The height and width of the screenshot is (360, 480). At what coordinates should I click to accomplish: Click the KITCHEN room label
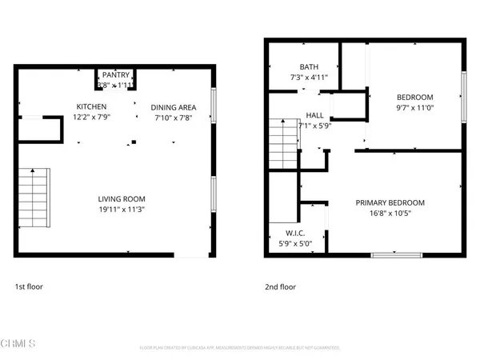[91, 106]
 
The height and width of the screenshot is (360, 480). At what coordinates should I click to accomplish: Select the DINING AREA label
[174, 106]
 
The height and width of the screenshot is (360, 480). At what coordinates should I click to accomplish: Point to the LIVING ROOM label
[121, 199]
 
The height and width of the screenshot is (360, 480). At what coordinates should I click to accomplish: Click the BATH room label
[308, 67]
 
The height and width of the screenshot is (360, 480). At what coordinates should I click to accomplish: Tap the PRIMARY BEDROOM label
[390, 202]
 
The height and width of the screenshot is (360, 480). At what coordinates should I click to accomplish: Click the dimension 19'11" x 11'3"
[121, 210]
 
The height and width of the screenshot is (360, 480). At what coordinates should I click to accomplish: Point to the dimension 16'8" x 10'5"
[390, 214]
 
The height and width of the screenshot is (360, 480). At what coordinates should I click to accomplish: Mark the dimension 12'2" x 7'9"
[91, 117]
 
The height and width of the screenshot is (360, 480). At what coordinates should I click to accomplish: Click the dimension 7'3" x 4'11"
[308, 78]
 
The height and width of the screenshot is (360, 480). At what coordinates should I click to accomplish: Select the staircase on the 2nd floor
[283, 142]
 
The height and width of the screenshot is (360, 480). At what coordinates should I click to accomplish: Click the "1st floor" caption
[30, 286]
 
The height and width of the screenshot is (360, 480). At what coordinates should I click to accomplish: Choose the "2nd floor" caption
[281, 286]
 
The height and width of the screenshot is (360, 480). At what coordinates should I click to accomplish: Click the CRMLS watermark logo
[19, 344]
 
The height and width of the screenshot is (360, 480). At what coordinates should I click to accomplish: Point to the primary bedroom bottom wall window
[396, 254]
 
